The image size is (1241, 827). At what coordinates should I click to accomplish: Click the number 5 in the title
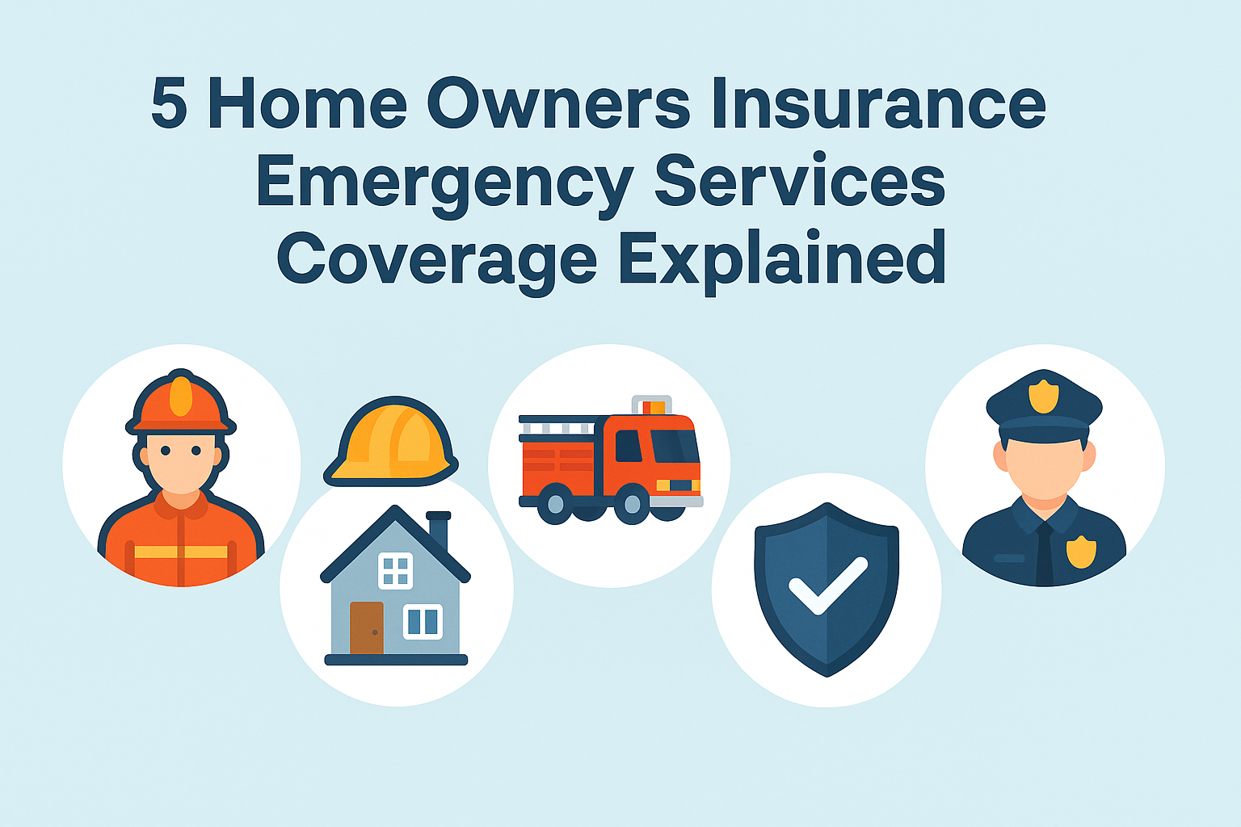click(x=169, y=103)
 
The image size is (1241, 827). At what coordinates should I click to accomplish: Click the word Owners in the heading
click(x=558, y=103)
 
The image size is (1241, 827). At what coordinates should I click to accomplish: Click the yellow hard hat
click(x=391, y=441)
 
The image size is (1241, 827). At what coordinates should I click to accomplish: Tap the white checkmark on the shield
click(x=827, y=586)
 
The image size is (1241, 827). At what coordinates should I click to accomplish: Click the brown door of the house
click(x=366, y=628)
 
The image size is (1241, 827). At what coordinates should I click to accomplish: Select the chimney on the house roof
click(x=438, y=529)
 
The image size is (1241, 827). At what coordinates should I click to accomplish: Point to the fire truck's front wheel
click(x=632, y=503)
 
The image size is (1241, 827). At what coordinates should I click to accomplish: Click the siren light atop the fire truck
click(x=652, y=405)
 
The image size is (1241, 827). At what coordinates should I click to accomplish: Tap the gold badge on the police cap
click(x=1043, y=396)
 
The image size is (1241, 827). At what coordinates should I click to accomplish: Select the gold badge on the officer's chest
click(x=1081, y=552)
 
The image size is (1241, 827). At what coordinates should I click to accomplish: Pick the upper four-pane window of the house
click(x=395, y=570)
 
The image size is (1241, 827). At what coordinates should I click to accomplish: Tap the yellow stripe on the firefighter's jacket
click(x=181, y=552)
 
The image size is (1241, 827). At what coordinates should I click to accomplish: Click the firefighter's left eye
click(x=196, y=451)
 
